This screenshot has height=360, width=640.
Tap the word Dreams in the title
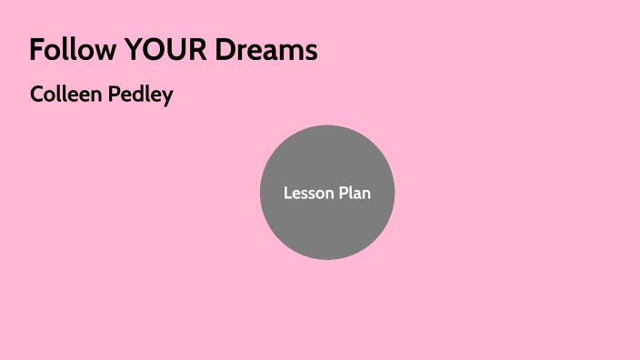266,50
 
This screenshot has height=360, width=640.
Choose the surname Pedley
138,95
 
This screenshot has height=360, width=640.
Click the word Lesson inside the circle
305,193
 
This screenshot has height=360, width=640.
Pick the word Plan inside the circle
354,193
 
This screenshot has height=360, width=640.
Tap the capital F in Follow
35,50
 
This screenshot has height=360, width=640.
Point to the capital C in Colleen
36,94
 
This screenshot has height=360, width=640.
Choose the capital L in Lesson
287,193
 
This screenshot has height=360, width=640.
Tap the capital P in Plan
340,193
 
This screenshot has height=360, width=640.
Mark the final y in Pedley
167,97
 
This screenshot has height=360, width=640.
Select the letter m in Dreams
292,53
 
